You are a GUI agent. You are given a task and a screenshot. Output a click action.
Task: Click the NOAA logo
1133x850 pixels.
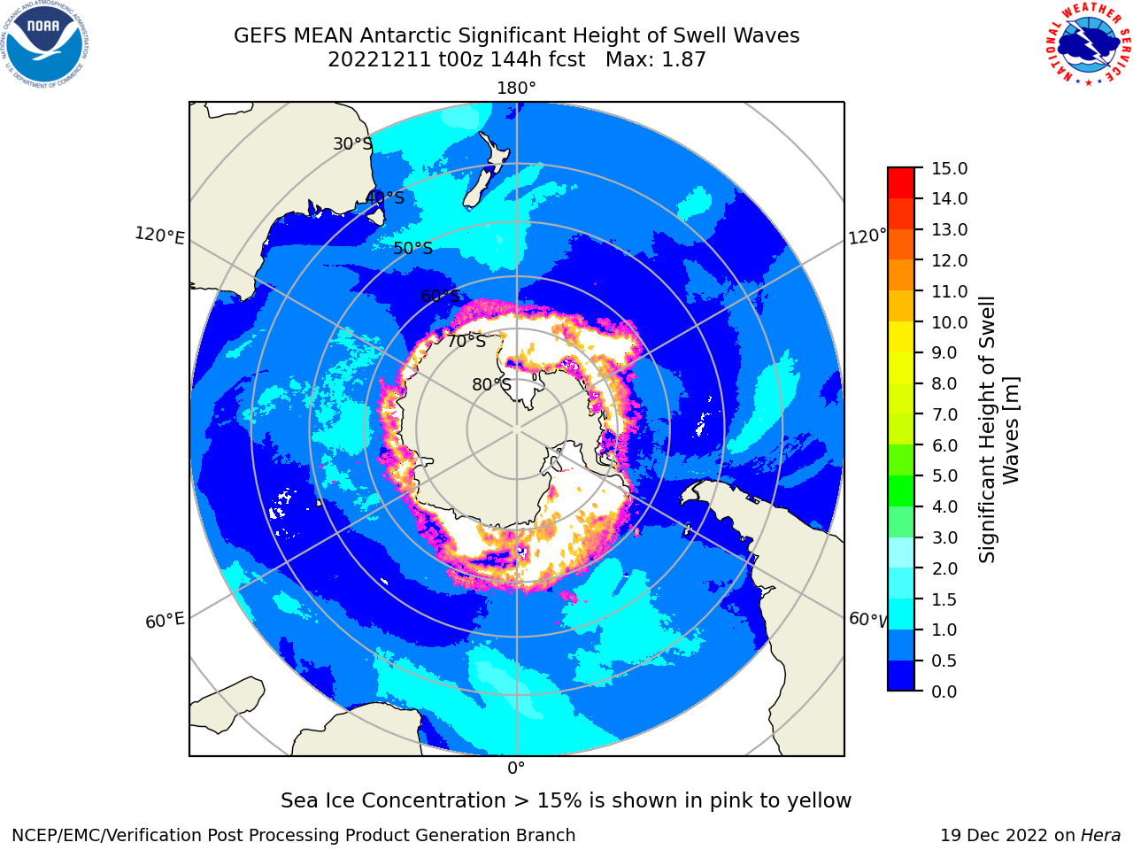point(44,44)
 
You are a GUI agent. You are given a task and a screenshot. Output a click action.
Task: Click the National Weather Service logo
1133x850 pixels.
point(1089,44)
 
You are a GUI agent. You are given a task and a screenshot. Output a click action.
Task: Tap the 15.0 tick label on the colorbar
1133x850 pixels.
point(949,168)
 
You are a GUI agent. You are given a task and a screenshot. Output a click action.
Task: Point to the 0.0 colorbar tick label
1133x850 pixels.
point(944,692)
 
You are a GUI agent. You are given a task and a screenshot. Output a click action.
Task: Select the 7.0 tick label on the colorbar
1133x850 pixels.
point(944,414)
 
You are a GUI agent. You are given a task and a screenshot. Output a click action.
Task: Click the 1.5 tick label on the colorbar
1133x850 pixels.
point(944,599)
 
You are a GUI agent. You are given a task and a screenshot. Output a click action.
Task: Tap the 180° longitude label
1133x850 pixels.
point(516,89)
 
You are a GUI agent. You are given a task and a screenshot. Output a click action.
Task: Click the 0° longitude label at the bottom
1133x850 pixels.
point(516,769)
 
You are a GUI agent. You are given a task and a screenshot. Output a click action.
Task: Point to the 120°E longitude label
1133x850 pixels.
point(159,236)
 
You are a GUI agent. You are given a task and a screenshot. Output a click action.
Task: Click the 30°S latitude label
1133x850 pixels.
point(352,143)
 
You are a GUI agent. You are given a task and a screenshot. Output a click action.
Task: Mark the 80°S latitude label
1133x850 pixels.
point(491,384)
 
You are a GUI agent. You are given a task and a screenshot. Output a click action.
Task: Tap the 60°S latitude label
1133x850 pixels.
point(440,296)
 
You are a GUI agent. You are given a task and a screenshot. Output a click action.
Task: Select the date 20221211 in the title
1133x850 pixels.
point(379,60)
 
